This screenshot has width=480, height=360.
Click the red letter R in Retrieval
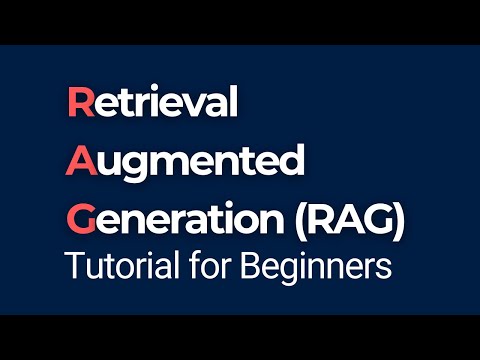coord(78,103)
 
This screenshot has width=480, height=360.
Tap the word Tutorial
coord(111,267)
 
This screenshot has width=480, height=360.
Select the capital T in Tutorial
coord(72,267)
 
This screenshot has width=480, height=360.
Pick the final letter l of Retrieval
coord(234,102)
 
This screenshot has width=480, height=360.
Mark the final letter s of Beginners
coord(382,269)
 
